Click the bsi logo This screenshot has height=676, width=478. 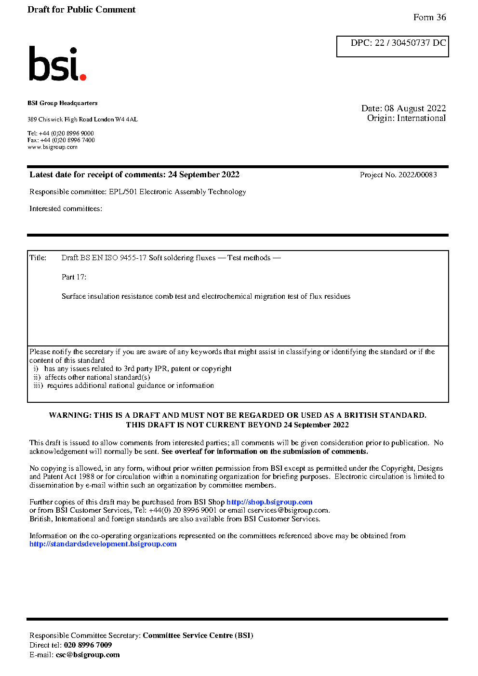pos(57,64)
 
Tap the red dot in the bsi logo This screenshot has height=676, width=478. pos(83,77)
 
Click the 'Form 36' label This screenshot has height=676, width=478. pos(429,17)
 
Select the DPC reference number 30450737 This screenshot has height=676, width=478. pos(411,43)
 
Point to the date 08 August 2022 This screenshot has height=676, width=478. pos(415,108)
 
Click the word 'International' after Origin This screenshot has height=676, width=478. pos(421,118)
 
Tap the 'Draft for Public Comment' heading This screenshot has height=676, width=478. pos(81,10)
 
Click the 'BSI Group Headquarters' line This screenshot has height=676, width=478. pos(62,103)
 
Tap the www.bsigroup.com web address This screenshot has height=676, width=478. pos(53,147)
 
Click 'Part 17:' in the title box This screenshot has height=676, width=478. pos(74,277)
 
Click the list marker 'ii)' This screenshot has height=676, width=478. pos(37,377)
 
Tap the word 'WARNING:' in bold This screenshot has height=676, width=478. pos(70,415)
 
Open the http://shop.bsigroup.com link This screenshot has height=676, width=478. pos(269,502)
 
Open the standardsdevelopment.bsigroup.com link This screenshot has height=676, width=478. pos(103,544)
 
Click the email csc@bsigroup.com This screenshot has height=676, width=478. pos(88,655)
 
